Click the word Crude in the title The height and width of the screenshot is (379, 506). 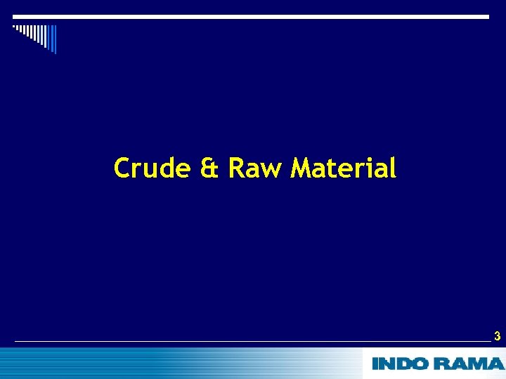(x=151, y=168)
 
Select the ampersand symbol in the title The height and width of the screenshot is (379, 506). (x=209, y=169)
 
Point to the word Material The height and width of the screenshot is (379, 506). (x=344, y=168)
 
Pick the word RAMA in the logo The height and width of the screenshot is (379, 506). (x=469, y=364)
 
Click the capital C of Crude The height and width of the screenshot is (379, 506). (x=122, y=168)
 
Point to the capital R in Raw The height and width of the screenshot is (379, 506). (x=236, y=168)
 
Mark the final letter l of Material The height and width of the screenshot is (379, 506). (x=394, y=168)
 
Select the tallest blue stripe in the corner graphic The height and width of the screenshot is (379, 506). (x=53, y=39)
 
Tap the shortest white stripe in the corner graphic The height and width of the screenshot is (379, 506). (x=14, y=27)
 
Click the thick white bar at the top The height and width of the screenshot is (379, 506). (x=251, y=16)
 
